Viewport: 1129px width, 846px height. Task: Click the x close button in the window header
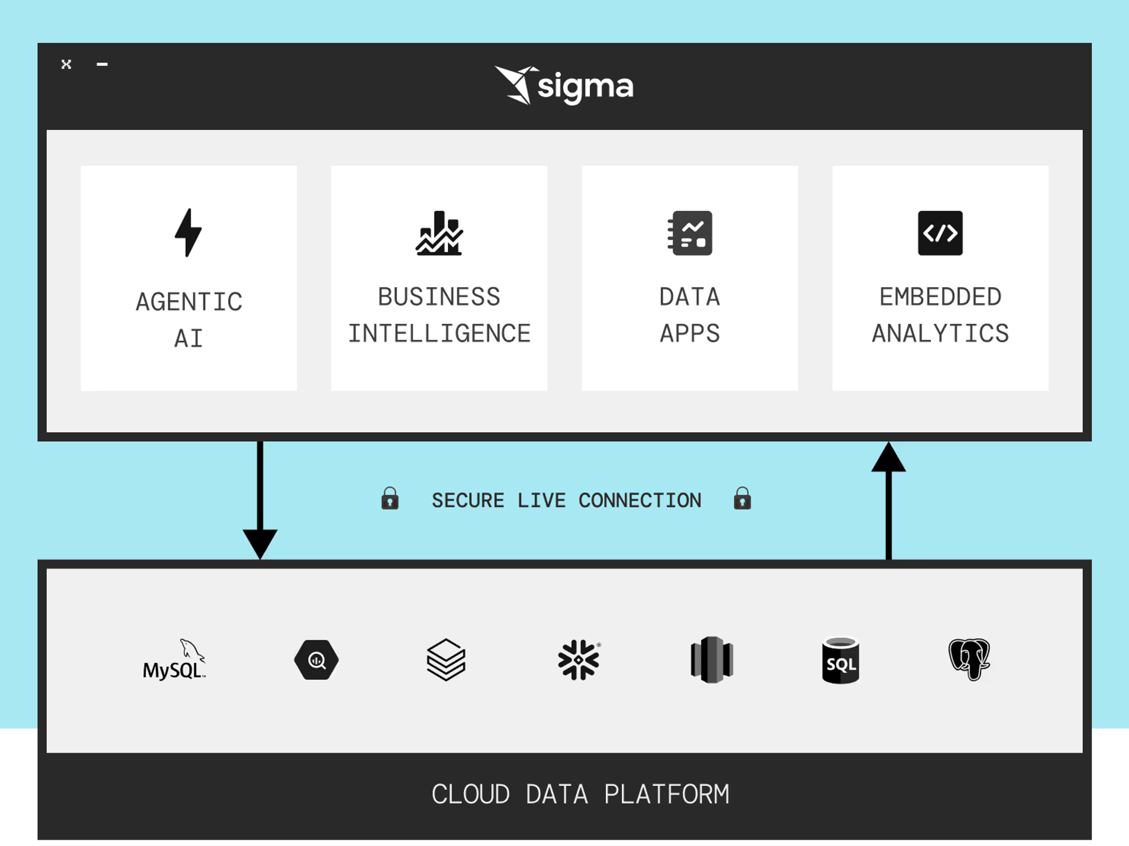66,64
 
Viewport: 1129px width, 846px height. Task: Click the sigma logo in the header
564,85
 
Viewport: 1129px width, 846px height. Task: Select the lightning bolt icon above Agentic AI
188,232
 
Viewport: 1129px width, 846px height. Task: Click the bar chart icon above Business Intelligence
439,233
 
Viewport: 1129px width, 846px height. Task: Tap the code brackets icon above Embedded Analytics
940,233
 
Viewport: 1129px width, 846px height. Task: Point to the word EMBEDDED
940,297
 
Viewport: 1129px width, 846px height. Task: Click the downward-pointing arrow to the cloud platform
260,501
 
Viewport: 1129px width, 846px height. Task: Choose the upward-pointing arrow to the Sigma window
888,501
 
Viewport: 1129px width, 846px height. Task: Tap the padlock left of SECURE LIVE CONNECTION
390,498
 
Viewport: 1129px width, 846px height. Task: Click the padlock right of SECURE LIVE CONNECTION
743,498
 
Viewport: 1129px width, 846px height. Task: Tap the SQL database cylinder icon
841,660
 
